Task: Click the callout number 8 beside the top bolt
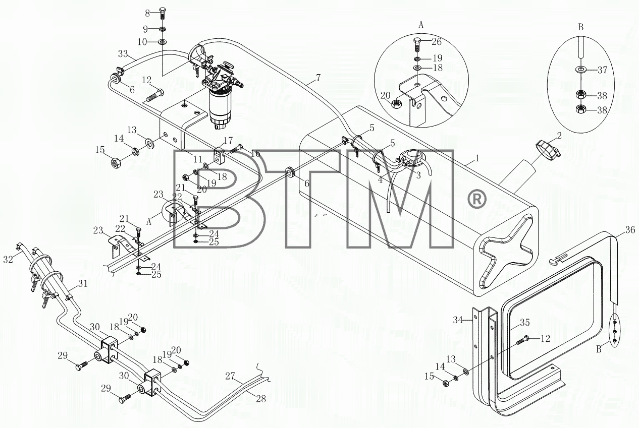[147, 13]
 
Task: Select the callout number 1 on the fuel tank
[477, 158]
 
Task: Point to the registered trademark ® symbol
[476, 200]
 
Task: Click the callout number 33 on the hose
[123, 53]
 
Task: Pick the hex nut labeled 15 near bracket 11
[117, 164]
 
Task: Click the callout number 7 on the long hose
[318, 78]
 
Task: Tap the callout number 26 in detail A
[437, 42]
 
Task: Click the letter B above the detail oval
[581, 27]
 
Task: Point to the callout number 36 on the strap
[630, 230]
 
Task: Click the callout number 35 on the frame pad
[524, 322]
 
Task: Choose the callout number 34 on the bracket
[458, 320]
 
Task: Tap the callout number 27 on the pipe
[230, 376]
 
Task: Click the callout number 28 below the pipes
[261, 399]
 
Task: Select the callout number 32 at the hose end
[8, 259]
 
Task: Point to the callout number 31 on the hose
[83, 283]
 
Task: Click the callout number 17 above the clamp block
[228, 141]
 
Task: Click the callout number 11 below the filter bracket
[198, 159]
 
